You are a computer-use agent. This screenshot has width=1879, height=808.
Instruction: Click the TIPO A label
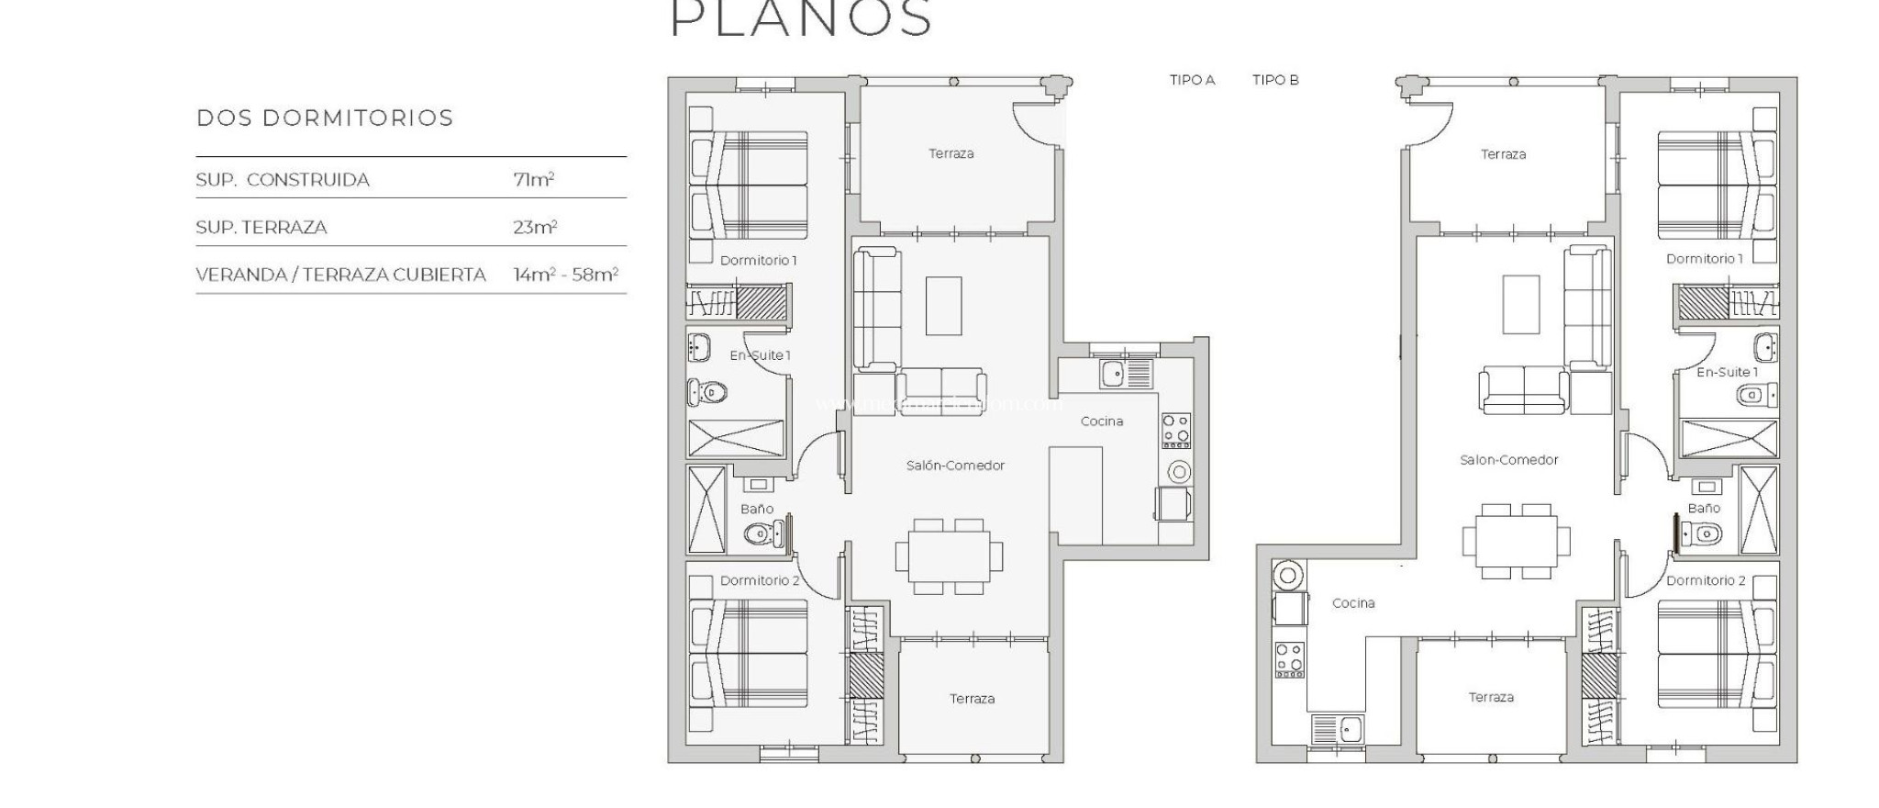pyautogui.click(x=1192, y=80)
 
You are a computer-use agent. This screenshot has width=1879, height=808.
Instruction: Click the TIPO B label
pyautogui.click(x=1275, y=80)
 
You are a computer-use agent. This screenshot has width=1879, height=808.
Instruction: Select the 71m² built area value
pyautogui.click(x=534, y=180)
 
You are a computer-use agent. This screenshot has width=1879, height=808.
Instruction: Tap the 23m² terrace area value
pyautogui.click(x=535, y=228)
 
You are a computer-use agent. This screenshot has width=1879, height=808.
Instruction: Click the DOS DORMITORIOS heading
pyautogui.click(x=325, y=118)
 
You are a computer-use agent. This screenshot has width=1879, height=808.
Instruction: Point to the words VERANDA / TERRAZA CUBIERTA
pyautogui.click(x=340, y=275)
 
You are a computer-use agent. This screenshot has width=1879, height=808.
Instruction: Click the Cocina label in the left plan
pyautogui.click(x=1102, y=421)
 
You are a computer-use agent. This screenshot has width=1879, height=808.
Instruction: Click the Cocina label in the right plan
pyautogui.click(x=1353, y=603)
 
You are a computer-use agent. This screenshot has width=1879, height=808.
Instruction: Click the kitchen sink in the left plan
pyautogui.click(x=1114, y=373)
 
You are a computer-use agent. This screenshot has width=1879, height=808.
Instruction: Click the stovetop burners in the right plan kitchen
pyautogui.click(x=1289, y=659)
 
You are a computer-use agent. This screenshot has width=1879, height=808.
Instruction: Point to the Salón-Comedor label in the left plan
pyautogui.click(x=955, y=466)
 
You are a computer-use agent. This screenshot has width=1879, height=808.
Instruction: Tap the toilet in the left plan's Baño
pyautogui.click(x=761, y=533)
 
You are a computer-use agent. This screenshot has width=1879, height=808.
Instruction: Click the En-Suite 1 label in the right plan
pyautogui.click(x=1727, y=372)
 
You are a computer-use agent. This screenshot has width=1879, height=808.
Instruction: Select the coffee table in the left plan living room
pyautogui.click(x=943, y=306)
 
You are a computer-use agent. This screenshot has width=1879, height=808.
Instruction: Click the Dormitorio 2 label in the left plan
pyautogui.click(x=760, y=580)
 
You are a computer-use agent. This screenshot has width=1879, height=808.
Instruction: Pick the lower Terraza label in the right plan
pyautogui.click(x=1491, y=697)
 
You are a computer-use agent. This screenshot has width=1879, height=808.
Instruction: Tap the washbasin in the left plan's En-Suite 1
pyautogui.click(x=699, y=347)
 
